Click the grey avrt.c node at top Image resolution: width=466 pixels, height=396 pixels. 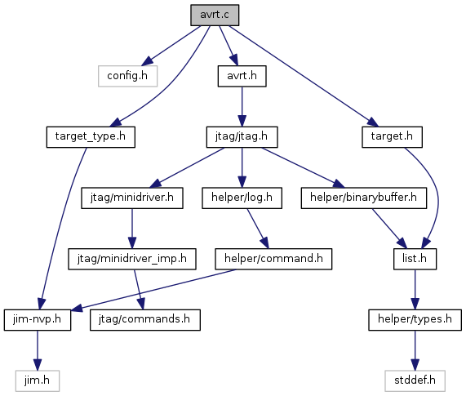click(x=215, y=15)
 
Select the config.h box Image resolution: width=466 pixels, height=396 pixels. click(x=127, y=76)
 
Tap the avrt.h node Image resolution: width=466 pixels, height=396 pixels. click(x=242, y=76)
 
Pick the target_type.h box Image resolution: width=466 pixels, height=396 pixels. click(x=91, y=137)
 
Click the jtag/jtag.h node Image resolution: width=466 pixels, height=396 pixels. click(x=242, y=137)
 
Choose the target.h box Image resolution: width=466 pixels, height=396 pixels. click(x=392, y=137)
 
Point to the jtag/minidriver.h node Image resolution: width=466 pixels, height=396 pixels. click(x=132, y=198)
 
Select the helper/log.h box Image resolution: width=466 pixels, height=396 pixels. click(x=242, y=198)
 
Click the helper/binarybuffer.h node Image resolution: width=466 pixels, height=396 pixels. click(x=364, y=198)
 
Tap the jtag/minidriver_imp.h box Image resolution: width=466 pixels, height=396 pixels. click(x=132, y=260)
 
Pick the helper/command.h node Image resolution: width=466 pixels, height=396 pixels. click(x=273, y=260)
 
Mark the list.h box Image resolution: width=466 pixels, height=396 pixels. click(x=415, y=260)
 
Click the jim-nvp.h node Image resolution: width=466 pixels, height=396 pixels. click(x=38, y=320)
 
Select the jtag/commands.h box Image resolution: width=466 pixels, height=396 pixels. click(x=145, y=320)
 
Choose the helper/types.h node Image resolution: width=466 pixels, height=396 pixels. click(x=415, y=320)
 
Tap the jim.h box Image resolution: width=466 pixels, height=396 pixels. click(x=38, y=380)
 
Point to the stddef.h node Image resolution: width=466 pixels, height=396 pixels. click(x=415, y=380)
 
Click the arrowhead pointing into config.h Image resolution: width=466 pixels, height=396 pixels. click(x=148, y=61)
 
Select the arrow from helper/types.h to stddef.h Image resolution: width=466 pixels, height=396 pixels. click(x=415, y=350)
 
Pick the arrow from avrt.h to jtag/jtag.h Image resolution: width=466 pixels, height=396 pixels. click(x=242, y=107)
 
